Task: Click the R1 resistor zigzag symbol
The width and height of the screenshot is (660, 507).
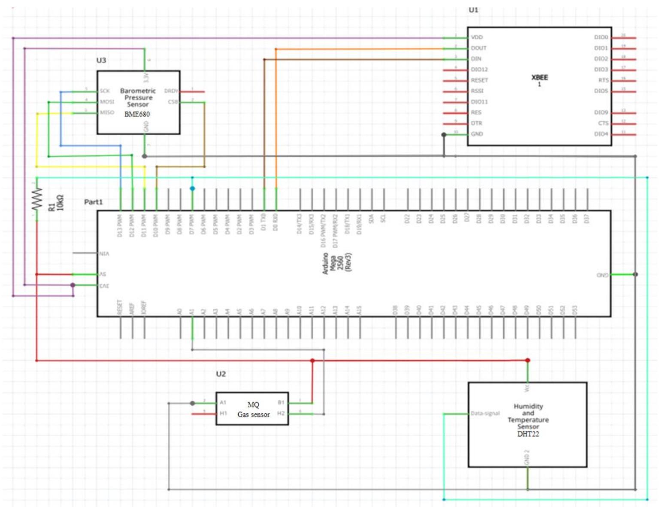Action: click(37, 199)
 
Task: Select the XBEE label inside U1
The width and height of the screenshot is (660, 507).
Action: click(539, 78)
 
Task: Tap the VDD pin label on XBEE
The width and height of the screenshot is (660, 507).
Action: click(477, 37)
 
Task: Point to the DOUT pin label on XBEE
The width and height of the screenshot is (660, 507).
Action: click(478, 48)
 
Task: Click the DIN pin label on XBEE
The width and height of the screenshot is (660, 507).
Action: click(476, 59)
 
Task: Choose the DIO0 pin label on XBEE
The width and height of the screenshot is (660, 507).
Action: click(601, 37)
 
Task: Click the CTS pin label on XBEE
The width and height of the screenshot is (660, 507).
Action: click(603, 123)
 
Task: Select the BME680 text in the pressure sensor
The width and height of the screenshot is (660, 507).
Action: click(137, 114)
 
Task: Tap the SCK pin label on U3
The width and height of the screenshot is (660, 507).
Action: click(105, 91)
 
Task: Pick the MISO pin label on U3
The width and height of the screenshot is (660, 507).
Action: click(107, 112)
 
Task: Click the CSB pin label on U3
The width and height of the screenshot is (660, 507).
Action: click(173, 102)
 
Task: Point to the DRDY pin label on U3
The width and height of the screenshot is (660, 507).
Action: click(171, 91)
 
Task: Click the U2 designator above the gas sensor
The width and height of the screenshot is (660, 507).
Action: click(221, 374)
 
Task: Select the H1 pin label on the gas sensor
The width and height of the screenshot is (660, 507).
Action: click(223, 413)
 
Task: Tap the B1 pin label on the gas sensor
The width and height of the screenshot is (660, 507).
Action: click(281, 403)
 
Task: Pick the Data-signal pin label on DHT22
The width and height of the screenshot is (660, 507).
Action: click(485, 413)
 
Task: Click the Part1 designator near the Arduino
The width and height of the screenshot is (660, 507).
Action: click(93, 202)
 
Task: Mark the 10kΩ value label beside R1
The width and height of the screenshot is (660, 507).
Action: click(60, 203)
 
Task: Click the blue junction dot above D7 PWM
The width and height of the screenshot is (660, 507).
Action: click(192, 188)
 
